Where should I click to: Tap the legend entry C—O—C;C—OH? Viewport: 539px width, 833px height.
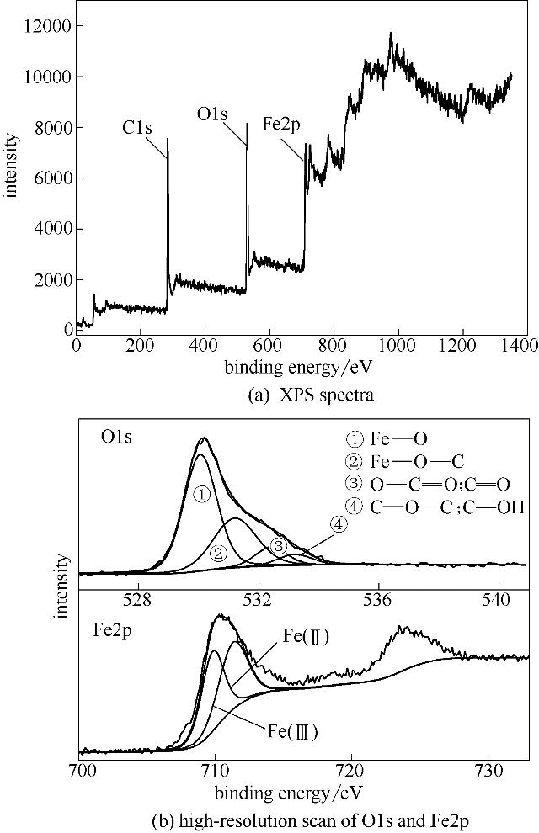435,507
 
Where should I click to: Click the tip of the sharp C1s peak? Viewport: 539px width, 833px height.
168,140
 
